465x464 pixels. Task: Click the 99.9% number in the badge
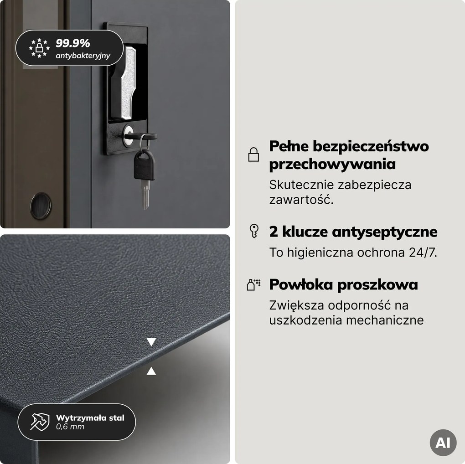[72, 43]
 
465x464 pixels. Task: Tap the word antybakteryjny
[83, 56]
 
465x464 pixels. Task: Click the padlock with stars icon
[39, 48]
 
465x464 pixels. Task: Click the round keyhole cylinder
[128, 136]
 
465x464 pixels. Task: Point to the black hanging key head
[144, 165]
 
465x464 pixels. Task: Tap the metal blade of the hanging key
[145, 195]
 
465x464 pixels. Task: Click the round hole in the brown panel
[41, 206]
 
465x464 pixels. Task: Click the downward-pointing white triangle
[151, 342]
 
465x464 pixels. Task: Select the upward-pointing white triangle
[151, 371]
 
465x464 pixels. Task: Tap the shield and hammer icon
[40, 422]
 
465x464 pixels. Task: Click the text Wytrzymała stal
[90, 418]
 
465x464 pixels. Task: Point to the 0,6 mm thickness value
[70, 427]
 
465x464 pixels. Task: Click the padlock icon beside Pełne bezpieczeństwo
[253, 154]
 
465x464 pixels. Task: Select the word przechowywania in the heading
[332, 165]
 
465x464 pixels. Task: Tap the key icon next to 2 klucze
[254, 231]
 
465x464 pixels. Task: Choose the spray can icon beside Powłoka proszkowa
[253, 284]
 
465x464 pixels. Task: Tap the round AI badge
[443, 443]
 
